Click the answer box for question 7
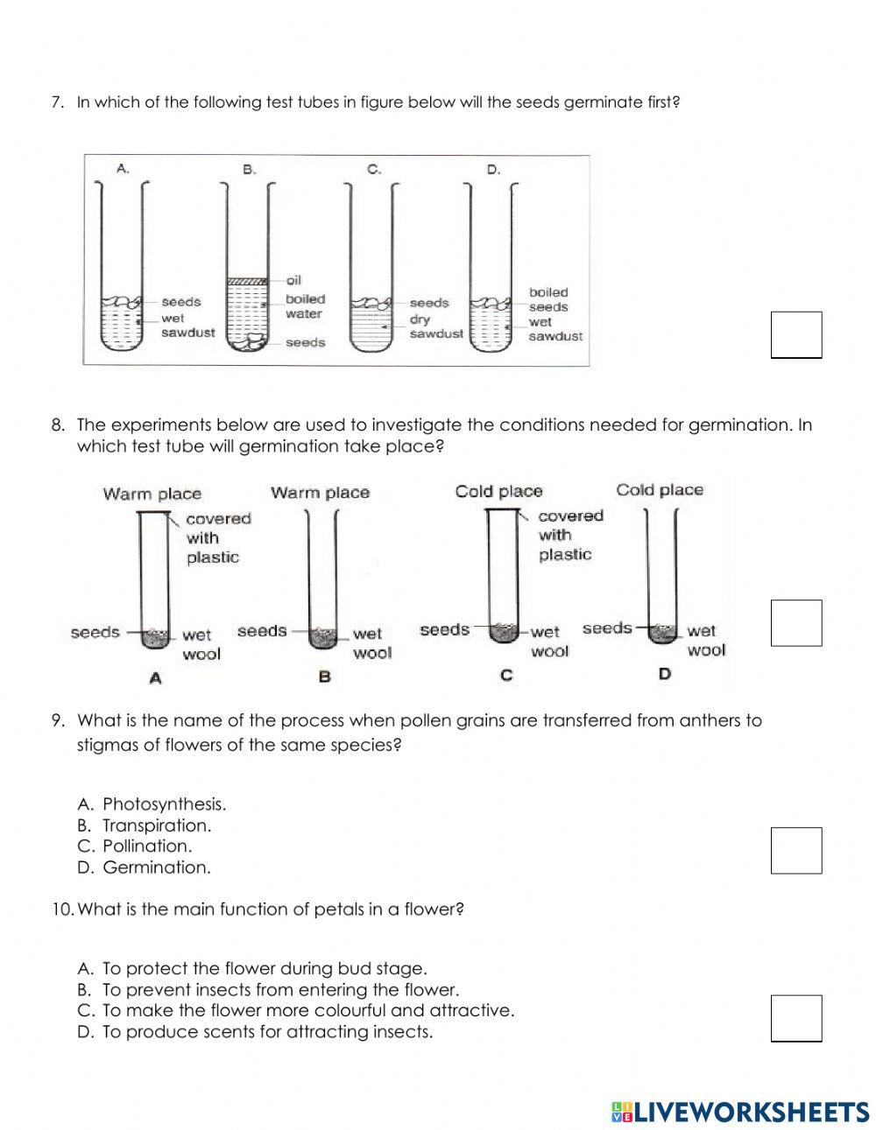coord(795,335)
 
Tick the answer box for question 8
coord(795,622)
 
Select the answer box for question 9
coord(795,850)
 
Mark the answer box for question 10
coord(795,1018)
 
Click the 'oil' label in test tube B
coord(293,281)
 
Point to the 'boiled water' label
coord(304,306)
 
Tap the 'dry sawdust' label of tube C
coord(435,326)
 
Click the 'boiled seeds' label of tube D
coord(548,299)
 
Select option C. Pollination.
coord(135,846)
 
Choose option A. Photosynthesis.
coord(152,804)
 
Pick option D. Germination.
coord(145,867)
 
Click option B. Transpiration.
coord(145,825)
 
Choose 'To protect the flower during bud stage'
coord(252,969)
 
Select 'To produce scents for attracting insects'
coord(255,1032)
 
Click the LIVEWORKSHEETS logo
coord(740,1112)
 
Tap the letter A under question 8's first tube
coord(156,677)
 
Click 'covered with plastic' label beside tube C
coord(569,535)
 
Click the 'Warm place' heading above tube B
coord(320,493)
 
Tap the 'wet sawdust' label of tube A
coord(187,326)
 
